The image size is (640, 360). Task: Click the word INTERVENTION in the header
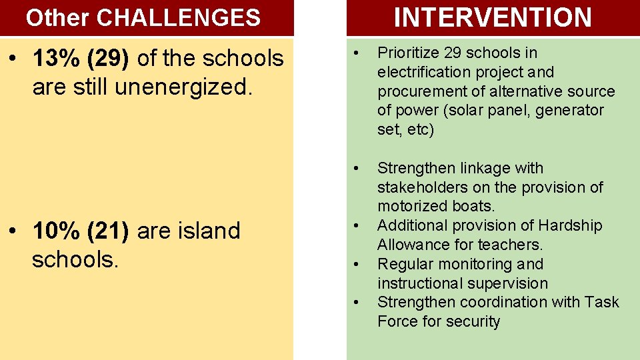point(493,17)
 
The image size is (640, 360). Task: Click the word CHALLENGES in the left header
point(179,18)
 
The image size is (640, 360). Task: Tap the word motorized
point(410,207)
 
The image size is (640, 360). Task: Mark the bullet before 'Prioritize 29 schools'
point(357,53)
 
